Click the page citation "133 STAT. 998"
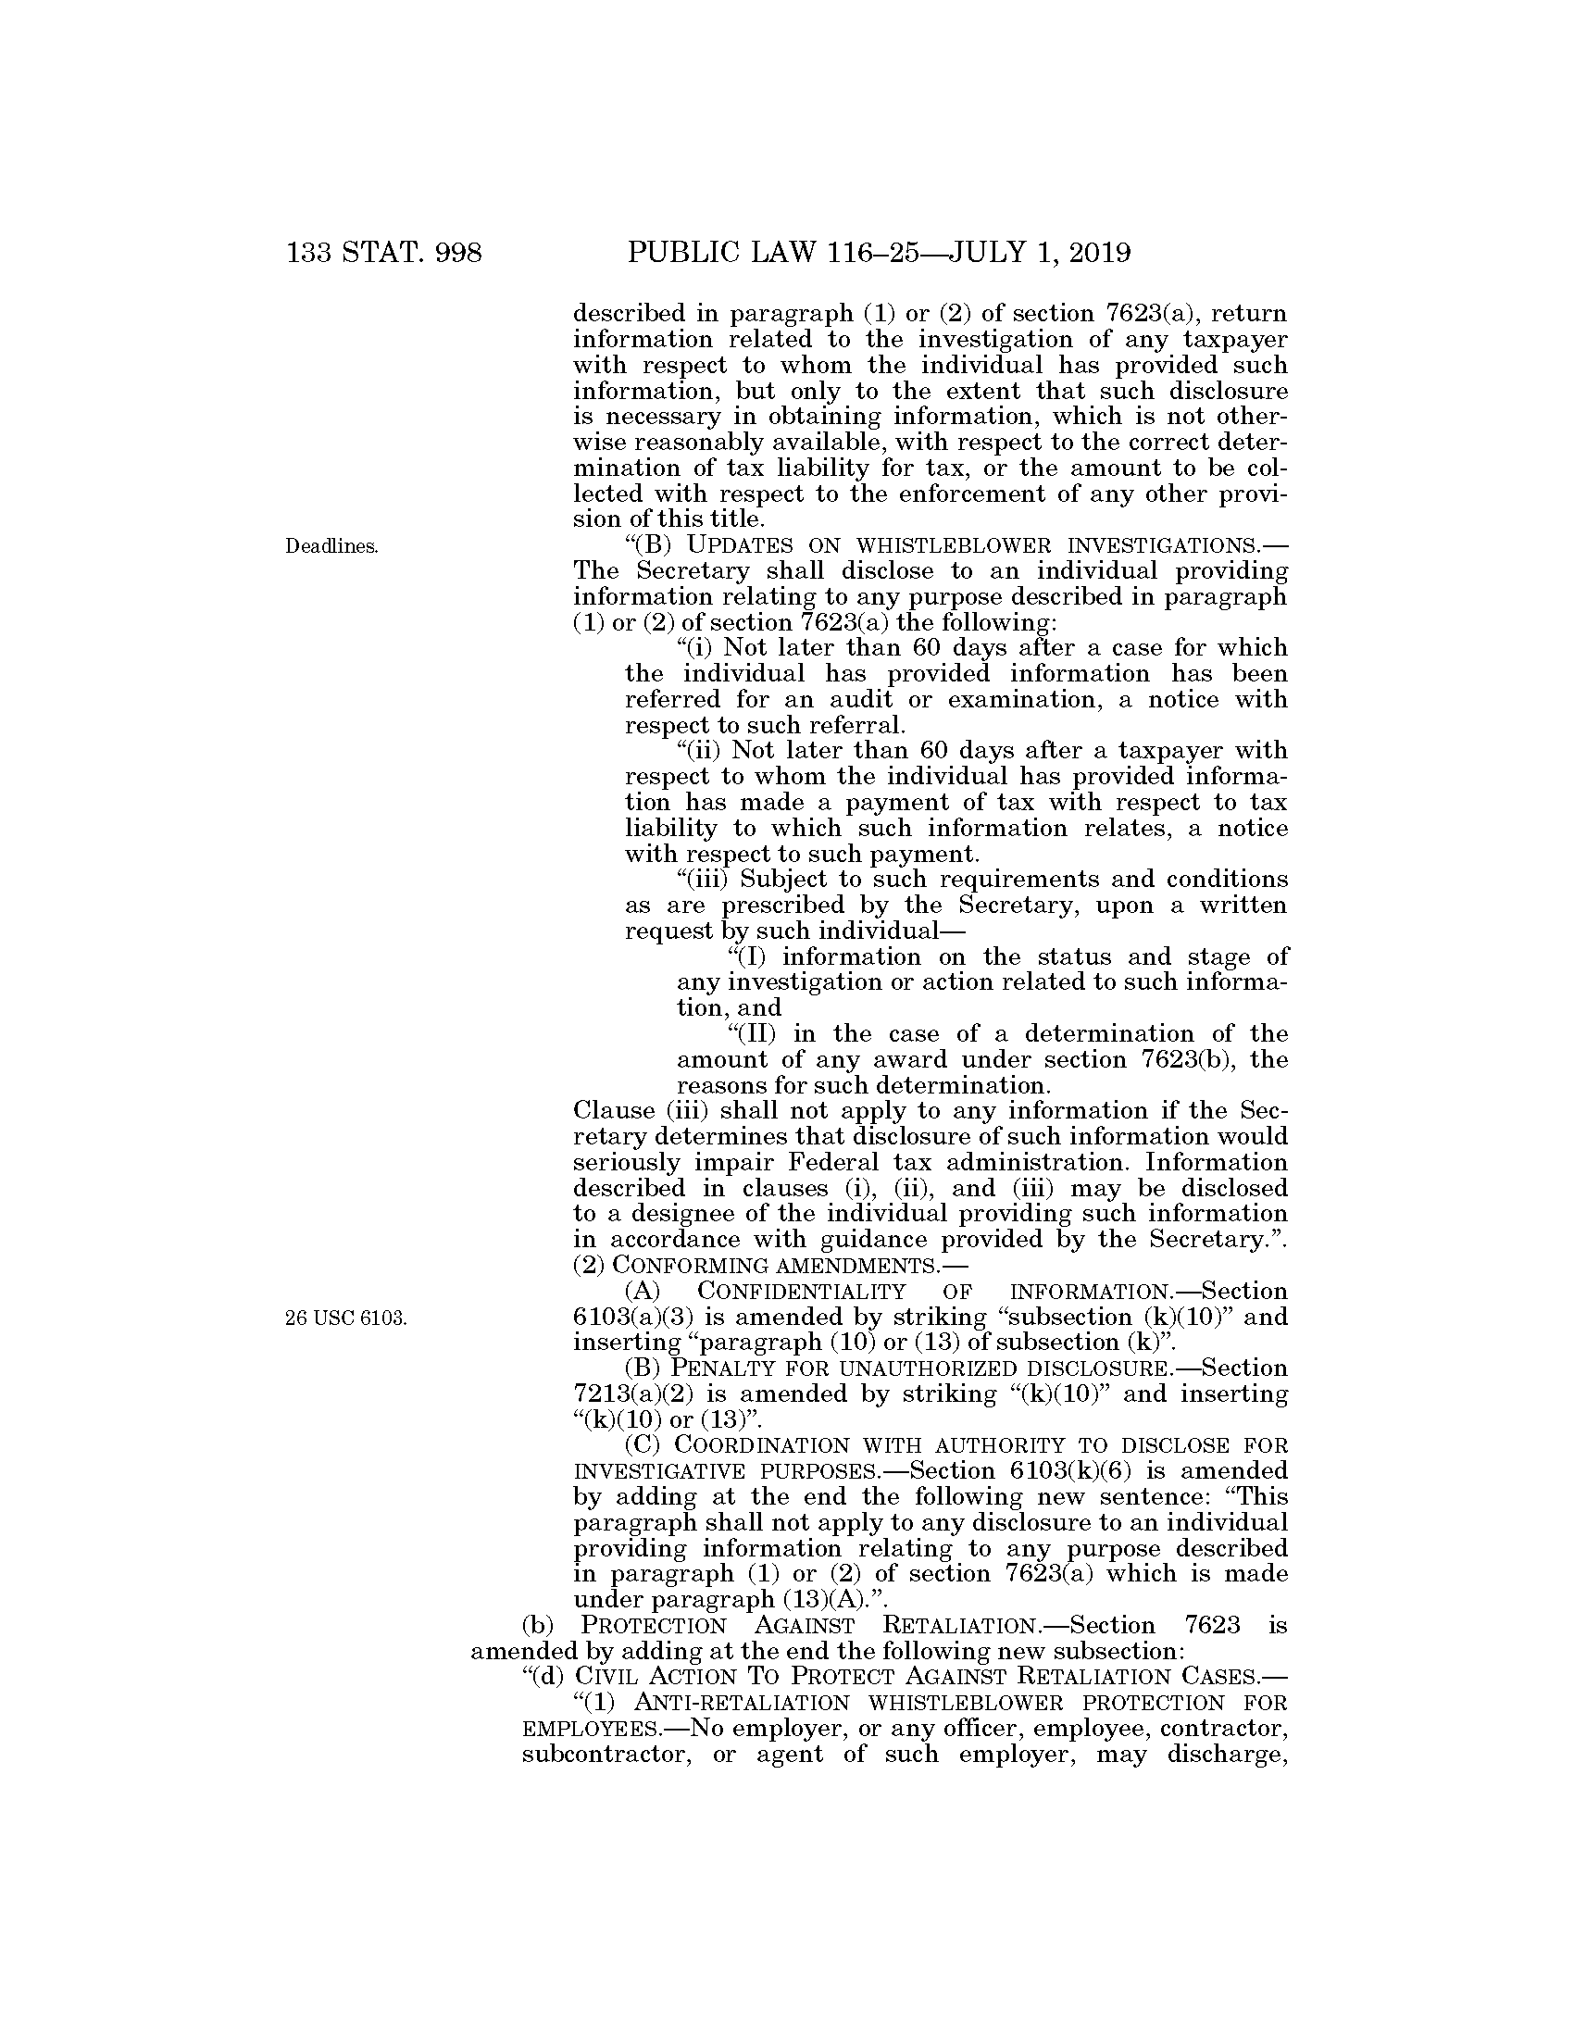(384, 253)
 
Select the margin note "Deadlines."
(332, 547)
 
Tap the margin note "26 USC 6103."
(346, 1318)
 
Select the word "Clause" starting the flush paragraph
(615, 1111)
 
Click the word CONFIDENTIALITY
(801, 1292)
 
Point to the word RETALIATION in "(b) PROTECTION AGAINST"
(959, 1626)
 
